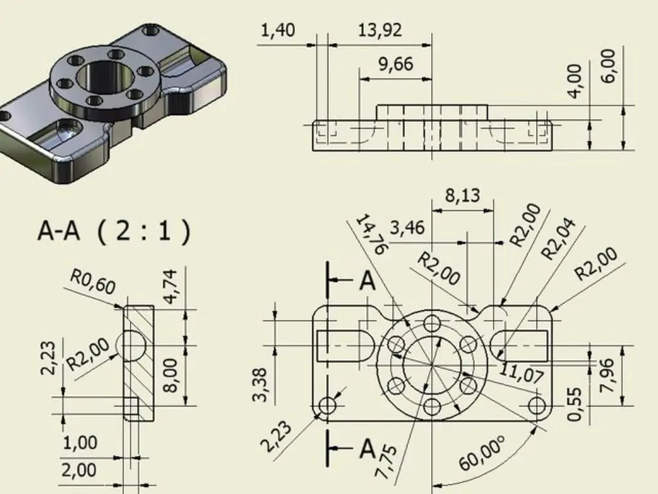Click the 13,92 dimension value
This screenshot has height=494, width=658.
[x=380, y=30]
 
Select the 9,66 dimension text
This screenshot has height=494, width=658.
[x=396, y=64]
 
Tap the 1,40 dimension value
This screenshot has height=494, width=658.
[x=278, y=30]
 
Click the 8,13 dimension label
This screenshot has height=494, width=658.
[x=463, y=196]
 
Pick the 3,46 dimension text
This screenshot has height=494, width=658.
[x=407, y=228]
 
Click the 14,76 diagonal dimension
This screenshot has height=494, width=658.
[x=371, y=234]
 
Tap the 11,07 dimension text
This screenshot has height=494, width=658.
[x=522, y=372]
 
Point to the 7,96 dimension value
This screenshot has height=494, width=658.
[x=607, y=375]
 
